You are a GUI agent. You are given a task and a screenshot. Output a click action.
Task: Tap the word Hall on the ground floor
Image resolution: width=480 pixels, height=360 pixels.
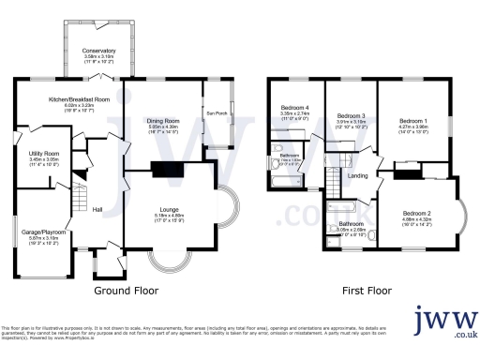(96, 210)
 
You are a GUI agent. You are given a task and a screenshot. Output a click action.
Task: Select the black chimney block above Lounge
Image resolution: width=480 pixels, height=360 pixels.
(165, 170)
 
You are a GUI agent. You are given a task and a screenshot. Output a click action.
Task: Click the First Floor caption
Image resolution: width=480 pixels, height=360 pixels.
(365, 291)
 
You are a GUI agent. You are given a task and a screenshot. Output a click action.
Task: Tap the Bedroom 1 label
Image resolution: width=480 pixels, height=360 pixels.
(412, 121)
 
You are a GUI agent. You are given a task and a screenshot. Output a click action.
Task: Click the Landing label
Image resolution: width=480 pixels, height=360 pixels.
(357, 175)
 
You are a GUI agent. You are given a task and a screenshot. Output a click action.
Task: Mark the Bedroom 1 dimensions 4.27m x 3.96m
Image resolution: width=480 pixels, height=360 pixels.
(412, 128)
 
